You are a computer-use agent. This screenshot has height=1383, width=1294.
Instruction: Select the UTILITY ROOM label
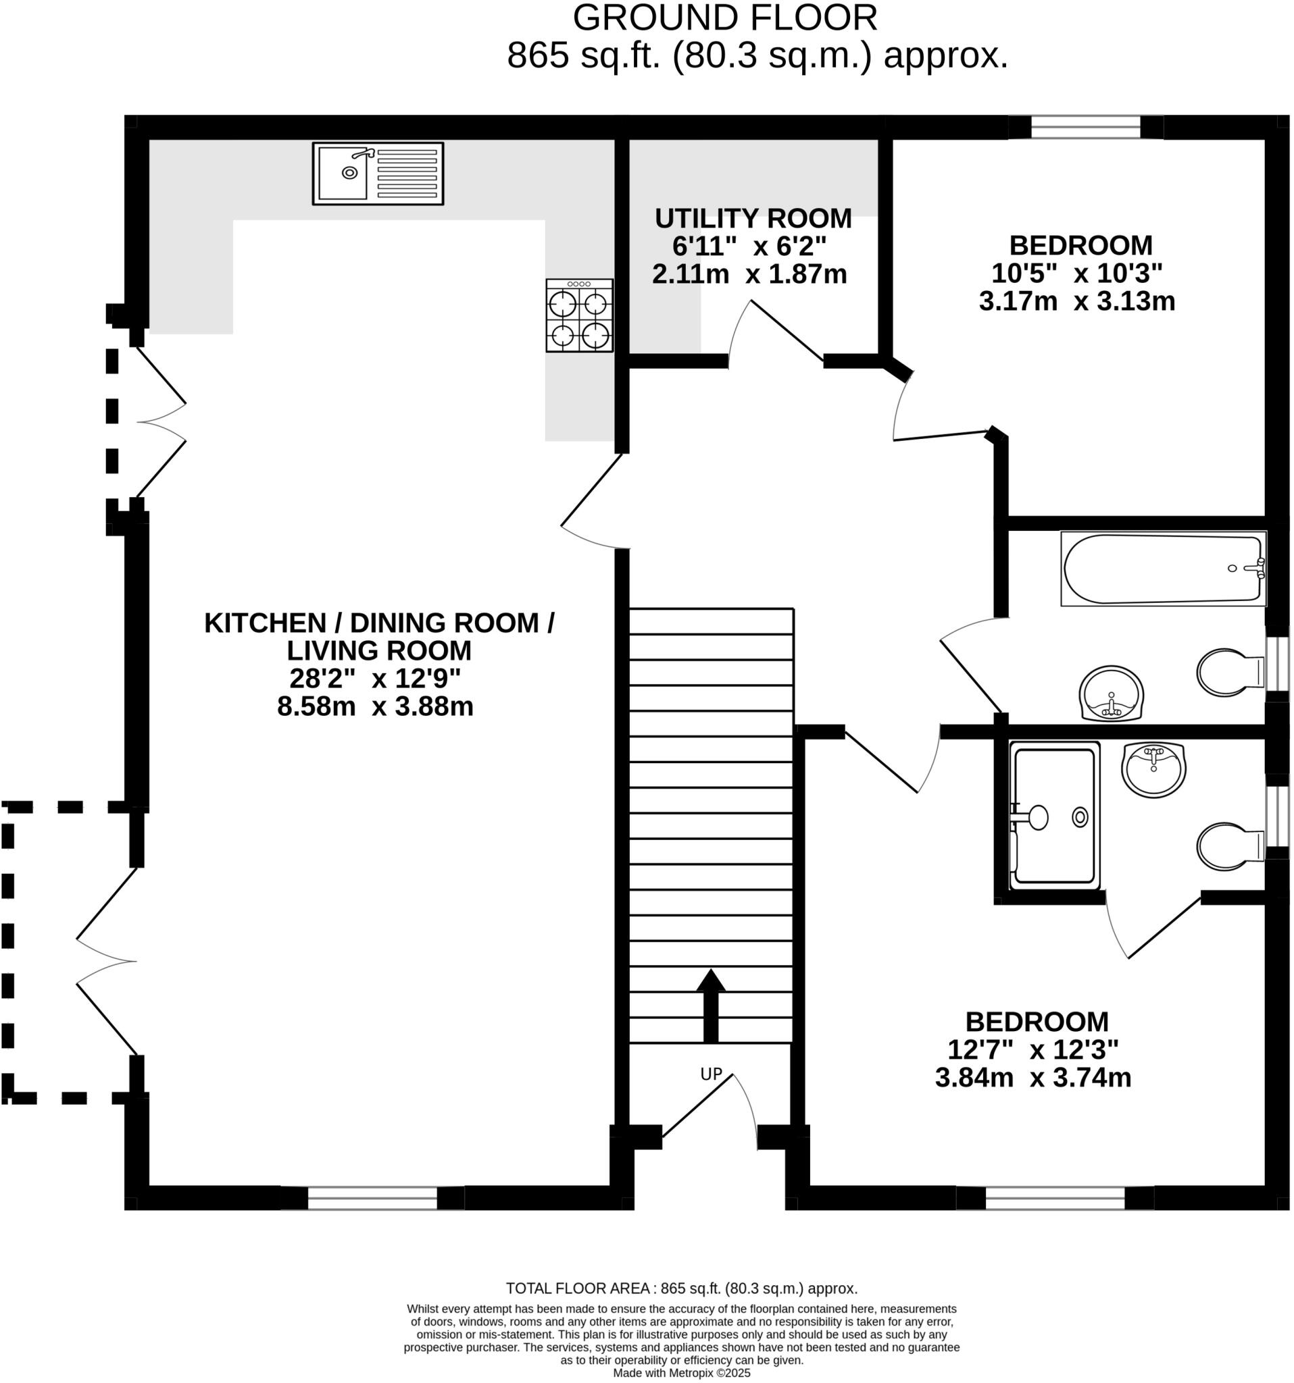click(x=753, y=218)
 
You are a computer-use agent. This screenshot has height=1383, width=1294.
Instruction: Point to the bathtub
click(x=1162, y=569)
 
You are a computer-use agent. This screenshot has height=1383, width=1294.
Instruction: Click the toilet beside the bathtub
click(x=1228, y=673)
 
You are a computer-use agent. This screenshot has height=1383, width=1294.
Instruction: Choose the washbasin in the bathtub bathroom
click(x=1111, y=693)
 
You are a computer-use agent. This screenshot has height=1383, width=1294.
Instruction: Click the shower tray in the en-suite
click(x=1054, y=816)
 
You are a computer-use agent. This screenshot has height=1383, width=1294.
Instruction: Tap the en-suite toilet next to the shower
click(x=1228, y=846)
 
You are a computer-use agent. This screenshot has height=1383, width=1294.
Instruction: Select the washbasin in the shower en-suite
click(x=1153, y=769)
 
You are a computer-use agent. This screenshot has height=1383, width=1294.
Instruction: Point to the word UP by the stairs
click(x=711, y=1075)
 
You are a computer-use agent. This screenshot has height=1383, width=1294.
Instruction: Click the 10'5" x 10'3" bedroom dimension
click(x=1076, y=273)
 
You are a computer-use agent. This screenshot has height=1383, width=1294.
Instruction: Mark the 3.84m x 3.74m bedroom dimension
click(x=1033, y=1078)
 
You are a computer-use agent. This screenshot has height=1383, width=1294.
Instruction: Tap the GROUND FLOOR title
click(x=724, y=19)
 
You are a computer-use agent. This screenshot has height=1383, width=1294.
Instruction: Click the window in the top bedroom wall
click(x=1085, y=128)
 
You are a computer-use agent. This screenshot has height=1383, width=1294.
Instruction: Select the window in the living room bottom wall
click(x=372, y=1198)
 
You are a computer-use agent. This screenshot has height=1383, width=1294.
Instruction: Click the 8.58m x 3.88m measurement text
click(x=374, y=707)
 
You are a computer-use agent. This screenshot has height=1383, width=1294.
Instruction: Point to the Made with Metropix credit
click(x=680, y=1374)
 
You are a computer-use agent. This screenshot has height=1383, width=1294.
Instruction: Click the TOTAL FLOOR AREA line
click(x=680, y=1288)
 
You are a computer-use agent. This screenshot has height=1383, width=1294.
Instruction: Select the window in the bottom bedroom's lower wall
click(x=1055, y=1198)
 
